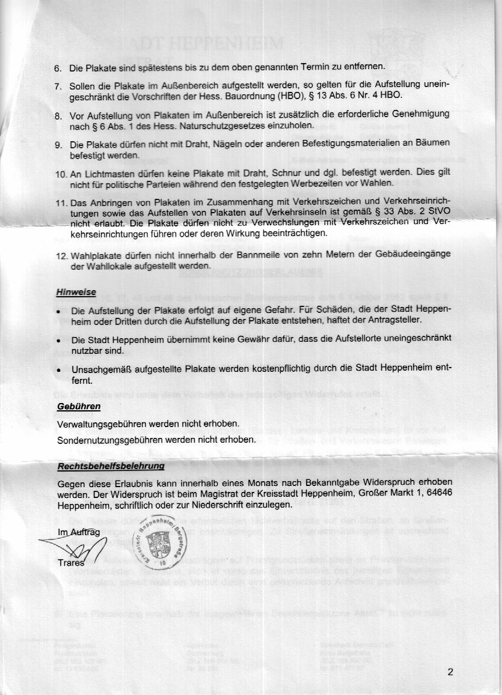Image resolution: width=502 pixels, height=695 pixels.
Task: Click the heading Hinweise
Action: pyautogui.click(x=76, y=292)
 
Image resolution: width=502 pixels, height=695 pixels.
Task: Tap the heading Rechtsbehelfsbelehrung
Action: pyautogui.click(x=111, y=466)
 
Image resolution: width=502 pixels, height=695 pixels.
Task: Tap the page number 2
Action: pyautogui.click(x=451, y=672)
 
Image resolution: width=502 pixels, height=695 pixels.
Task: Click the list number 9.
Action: pyautogui.click(x=58, y=145)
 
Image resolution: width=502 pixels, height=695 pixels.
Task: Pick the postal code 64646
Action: pyautogui.click(x=438, y=494)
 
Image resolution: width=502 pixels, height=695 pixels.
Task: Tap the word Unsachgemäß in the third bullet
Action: pyautogui.click(x=101, y=369)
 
